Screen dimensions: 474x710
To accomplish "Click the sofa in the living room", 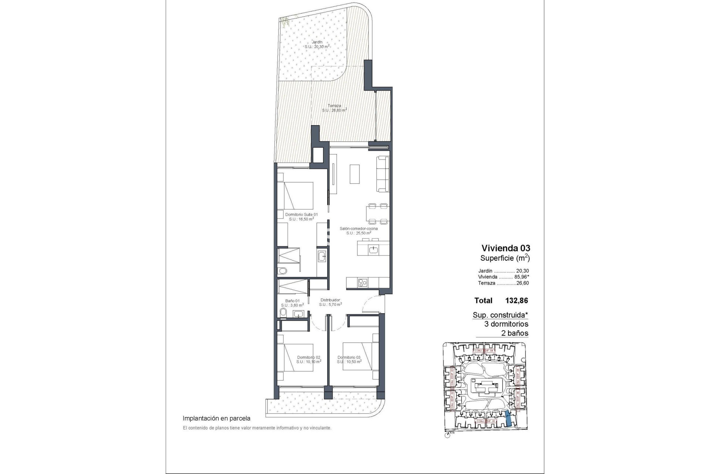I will [x=383, y=174].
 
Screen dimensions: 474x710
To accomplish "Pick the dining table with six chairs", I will [x=377, y=214].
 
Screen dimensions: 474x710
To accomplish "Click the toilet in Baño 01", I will [x=283, y=313].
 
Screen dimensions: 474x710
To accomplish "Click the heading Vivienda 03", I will [x=506, y=248].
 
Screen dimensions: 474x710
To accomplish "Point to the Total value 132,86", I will [x=516, y=301].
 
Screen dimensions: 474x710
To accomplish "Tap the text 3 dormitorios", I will [x=506, y=324].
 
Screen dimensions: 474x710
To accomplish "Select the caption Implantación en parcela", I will [x=216, y=418].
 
